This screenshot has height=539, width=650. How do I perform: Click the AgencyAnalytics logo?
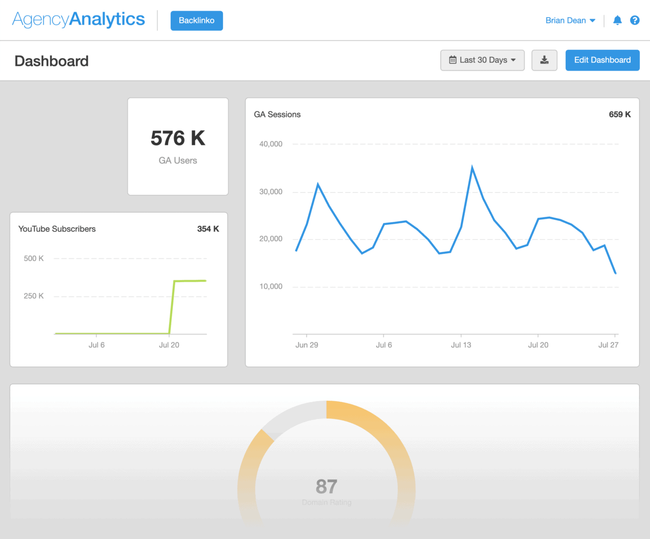79,20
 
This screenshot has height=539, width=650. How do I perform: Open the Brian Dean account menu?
570,20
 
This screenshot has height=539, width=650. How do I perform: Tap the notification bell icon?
617,20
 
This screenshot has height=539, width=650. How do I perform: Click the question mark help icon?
635,20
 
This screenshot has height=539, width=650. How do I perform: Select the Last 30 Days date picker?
482,60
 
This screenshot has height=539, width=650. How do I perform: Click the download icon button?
544,60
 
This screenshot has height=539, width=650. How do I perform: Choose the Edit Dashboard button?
602,60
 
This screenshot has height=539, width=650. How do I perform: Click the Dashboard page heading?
52,61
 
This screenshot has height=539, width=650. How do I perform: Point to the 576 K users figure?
178,138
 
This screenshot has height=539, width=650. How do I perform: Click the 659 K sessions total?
620,114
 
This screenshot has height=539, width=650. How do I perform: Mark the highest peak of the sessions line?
472,167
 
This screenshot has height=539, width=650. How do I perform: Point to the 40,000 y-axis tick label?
271,144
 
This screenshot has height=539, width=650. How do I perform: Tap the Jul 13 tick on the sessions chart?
461,345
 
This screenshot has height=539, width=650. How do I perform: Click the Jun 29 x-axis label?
307,345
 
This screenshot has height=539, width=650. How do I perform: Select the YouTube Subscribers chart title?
57,229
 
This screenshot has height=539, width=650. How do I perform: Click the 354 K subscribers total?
208,229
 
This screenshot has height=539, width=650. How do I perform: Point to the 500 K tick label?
34,258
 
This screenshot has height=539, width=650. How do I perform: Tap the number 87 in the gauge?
327,487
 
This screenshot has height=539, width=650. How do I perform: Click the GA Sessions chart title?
277,114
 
